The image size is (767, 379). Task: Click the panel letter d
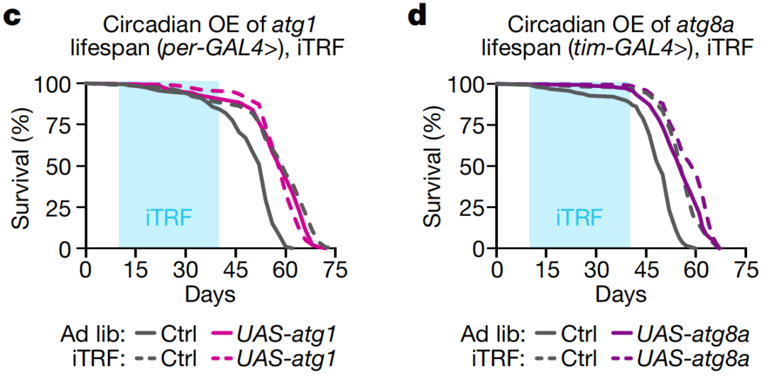(418, 16)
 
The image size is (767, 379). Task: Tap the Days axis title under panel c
(210, 293)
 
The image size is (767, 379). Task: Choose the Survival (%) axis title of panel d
(435, 167)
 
